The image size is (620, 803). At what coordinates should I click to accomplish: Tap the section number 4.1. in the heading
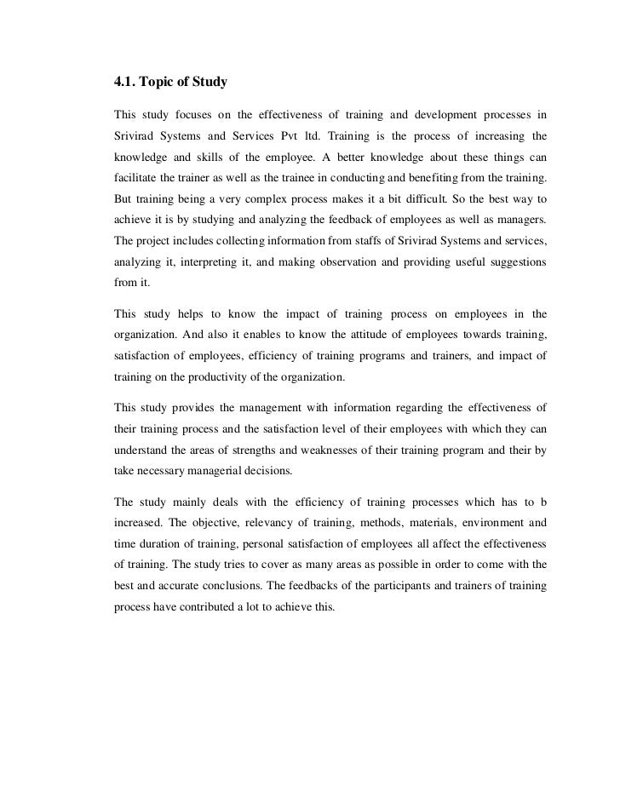pyautogui.click(x=128, y=83)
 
